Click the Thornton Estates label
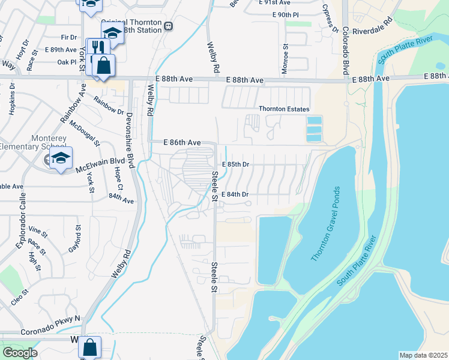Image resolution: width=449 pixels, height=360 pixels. coord(284,109)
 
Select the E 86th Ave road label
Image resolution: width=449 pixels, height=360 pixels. coord(182,143)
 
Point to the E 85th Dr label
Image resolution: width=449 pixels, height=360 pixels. coord(235,164)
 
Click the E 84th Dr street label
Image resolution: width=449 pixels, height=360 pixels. coord(235,194)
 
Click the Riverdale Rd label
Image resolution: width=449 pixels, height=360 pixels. coord(372,29)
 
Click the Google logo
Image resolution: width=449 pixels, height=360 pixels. coord(19,353)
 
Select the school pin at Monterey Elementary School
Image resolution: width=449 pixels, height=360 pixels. coord(61,158)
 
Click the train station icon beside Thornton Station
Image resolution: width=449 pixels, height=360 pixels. coord(169,25)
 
